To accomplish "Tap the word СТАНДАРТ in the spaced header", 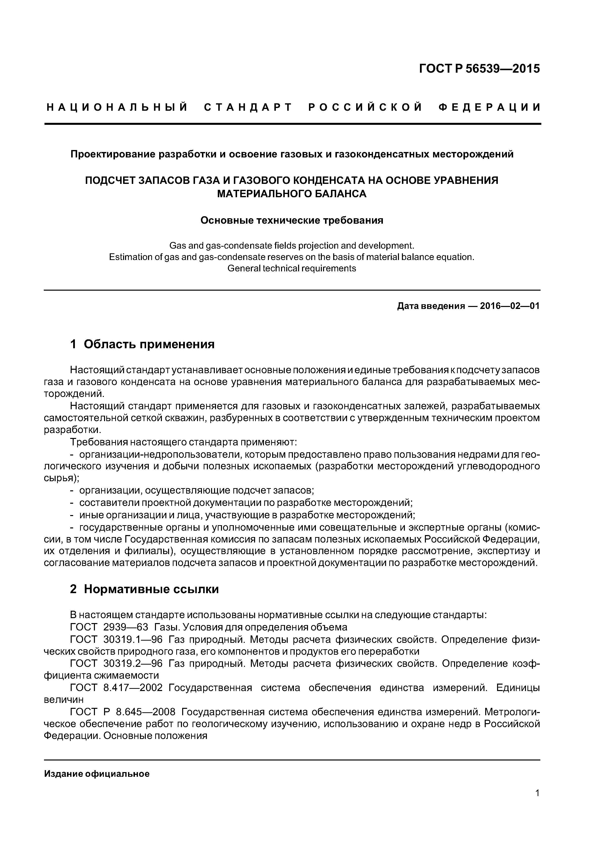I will (248, 108).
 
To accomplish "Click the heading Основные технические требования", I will (292, 220).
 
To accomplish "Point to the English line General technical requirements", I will (292, 268).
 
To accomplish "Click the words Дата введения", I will (431, 306).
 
